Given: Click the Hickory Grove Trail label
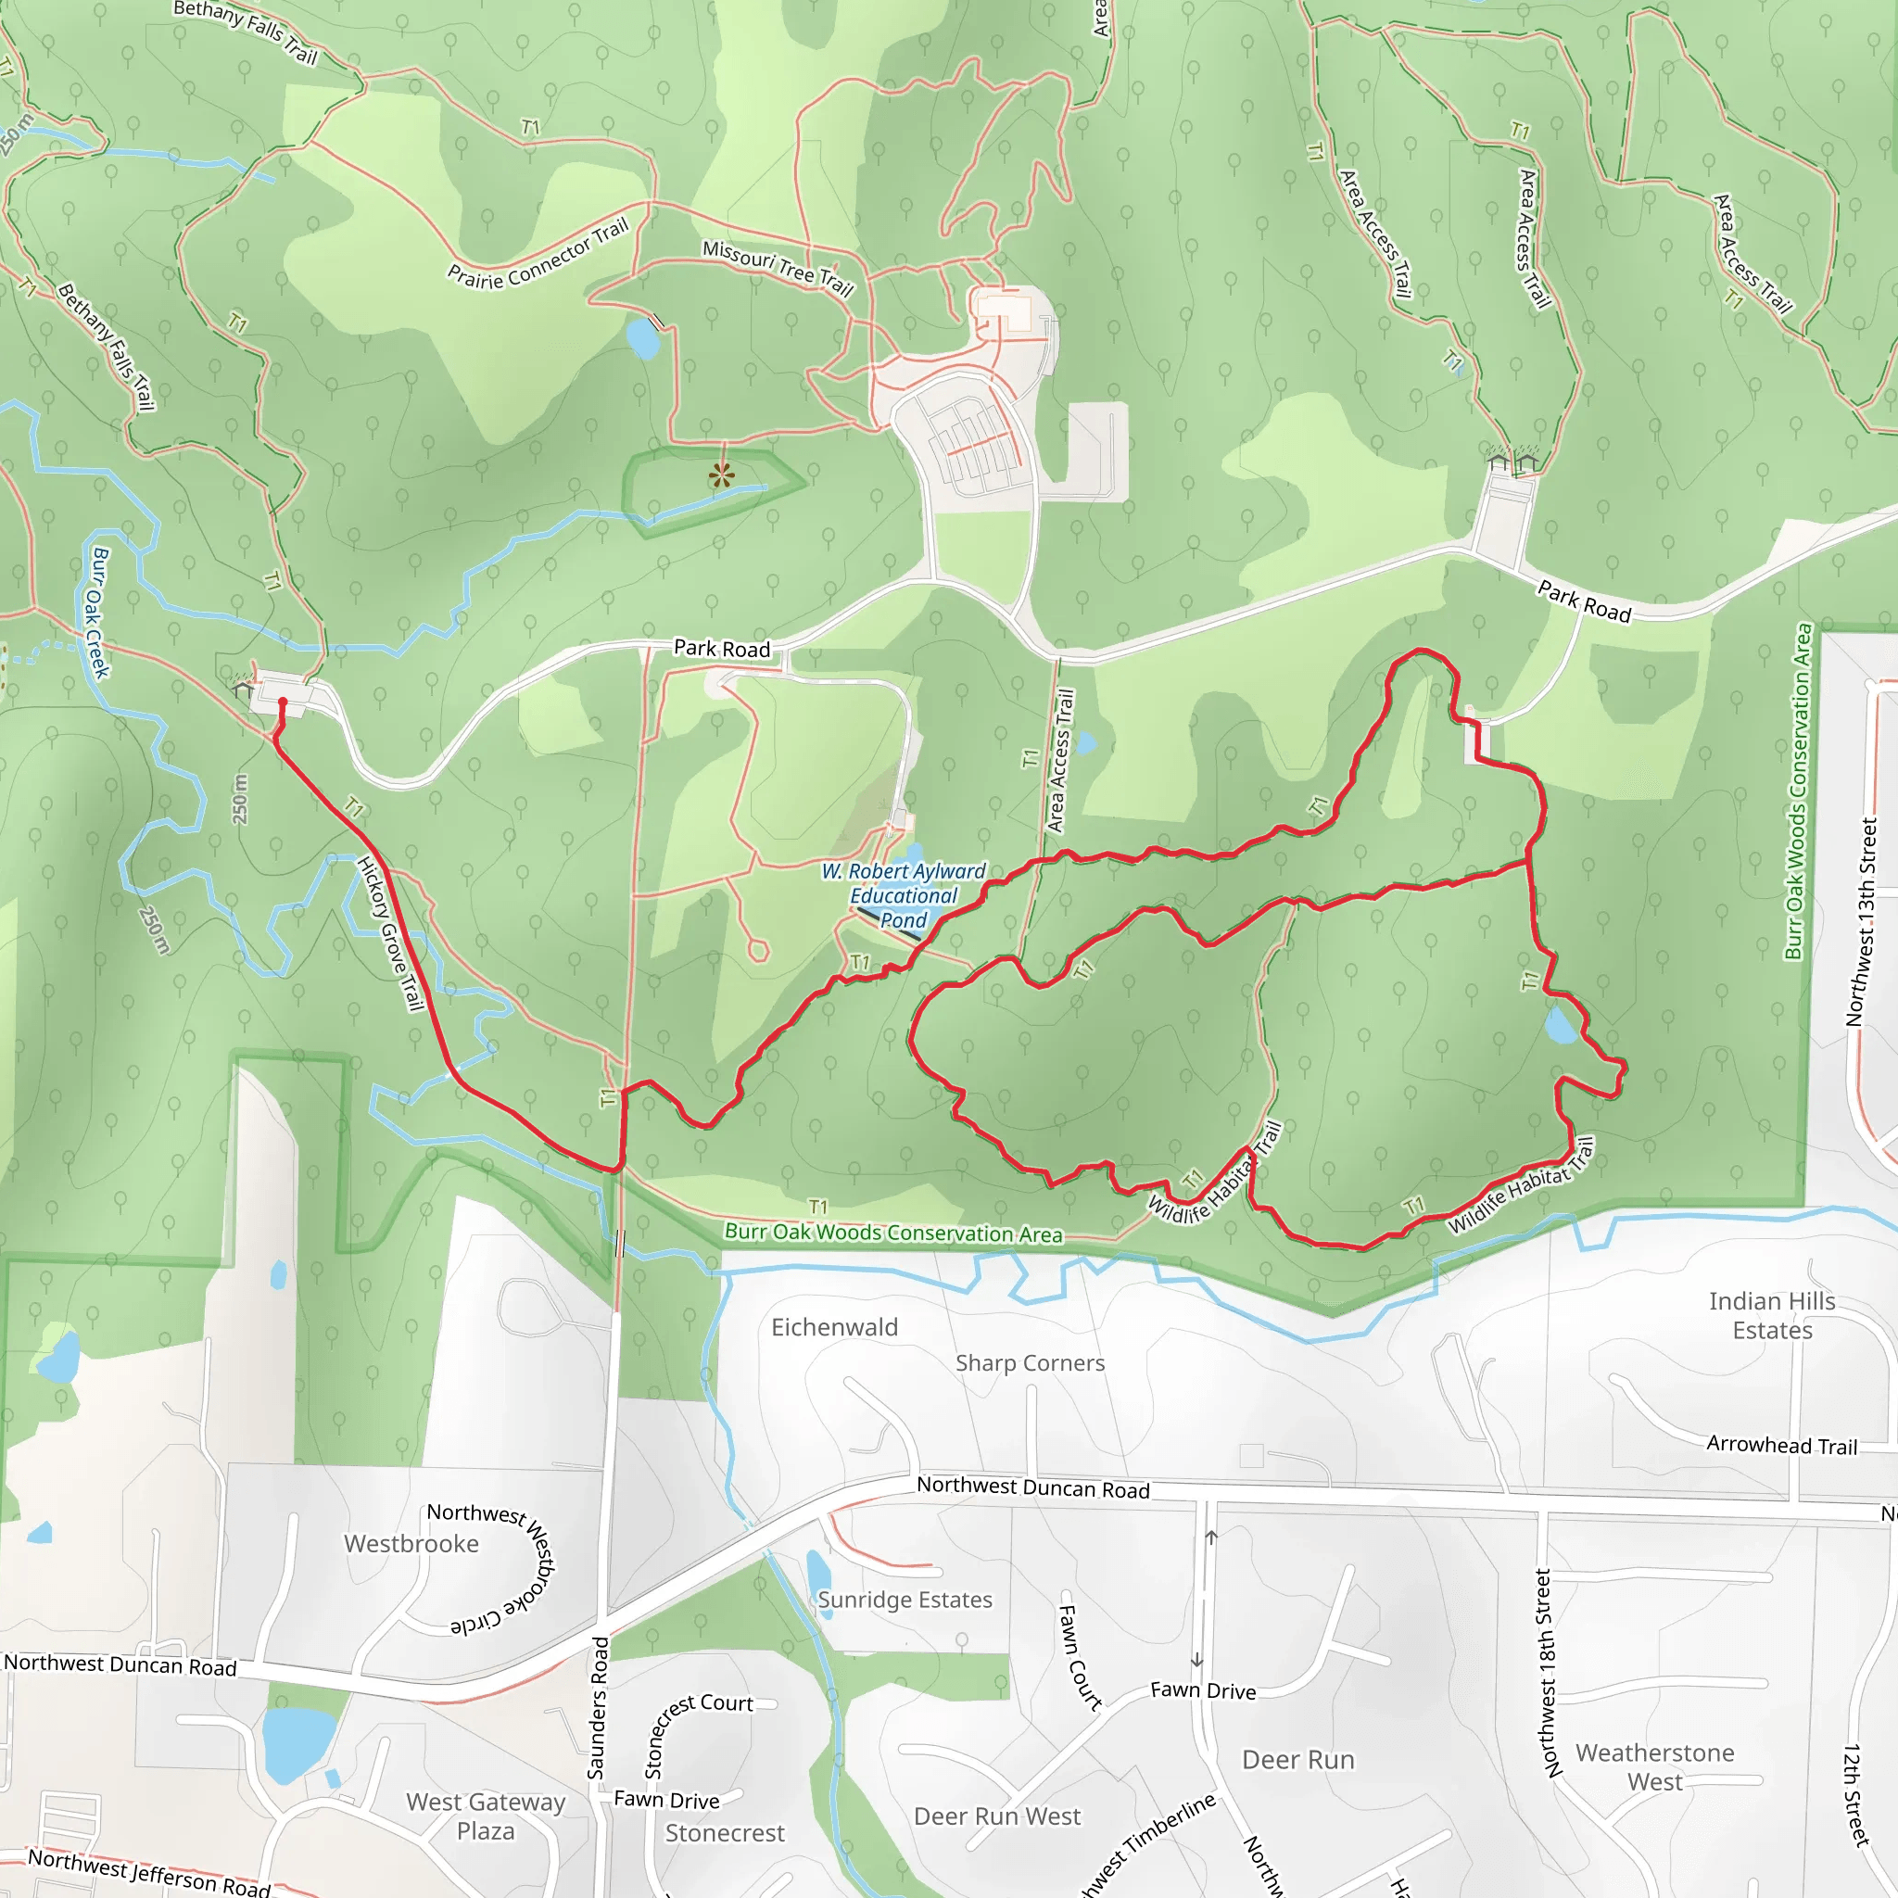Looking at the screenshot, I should click(390, 933).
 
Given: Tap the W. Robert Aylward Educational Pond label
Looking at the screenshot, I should click(903, 895).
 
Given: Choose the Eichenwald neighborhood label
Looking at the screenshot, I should click(834, 1327).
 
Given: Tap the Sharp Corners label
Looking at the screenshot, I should click(1030, 1362).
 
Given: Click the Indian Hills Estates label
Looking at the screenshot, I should click(1771, 1315).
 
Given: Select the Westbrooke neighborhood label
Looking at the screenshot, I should click(411, 1543).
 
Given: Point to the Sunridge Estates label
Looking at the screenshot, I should click(905, 1600).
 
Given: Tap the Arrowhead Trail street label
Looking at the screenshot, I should click(1781, 1445).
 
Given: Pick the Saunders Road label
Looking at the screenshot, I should click(598, 1707).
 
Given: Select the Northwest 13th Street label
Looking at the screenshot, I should click(1861, 922).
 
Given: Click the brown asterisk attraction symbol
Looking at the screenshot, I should click(721, 476).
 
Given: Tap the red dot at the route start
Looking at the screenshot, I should click(283, 702).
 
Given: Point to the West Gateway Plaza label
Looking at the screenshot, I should click(486, 1816).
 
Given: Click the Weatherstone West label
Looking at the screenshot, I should click(1654, 1767).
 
